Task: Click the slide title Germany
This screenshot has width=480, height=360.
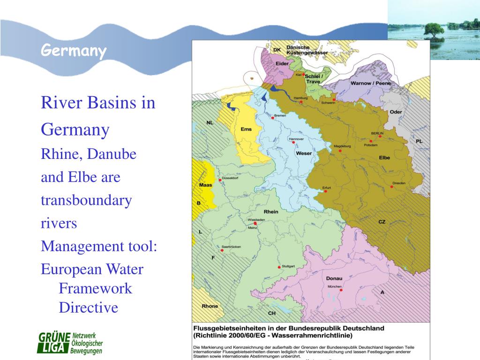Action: pos(73,50)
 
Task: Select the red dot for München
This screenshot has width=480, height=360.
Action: pos(341,290)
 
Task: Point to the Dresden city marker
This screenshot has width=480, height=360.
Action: pos(392,187)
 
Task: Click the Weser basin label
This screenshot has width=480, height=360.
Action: pos(304,153)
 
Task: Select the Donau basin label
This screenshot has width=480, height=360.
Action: pos(334,278)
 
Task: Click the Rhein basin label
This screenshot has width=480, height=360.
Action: pos(271,211)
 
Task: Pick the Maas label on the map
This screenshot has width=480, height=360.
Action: pos(206,185)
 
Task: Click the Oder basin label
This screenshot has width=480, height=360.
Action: pos(396,112)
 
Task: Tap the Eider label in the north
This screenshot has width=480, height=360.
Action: pos(282,63)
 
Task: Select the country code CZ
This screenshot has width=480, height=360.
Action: pos(382,221)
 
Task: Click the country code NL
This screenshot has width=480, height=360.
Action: pos(210,123)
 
